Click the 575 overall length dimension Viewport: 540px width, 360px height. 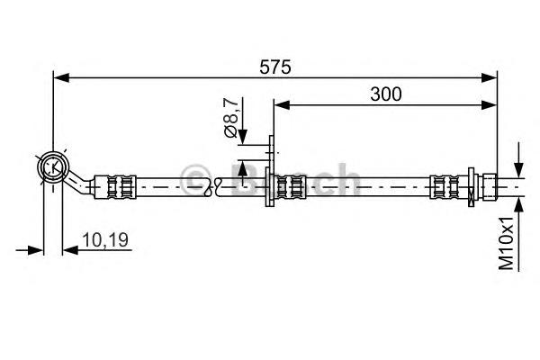(x=274, y=67)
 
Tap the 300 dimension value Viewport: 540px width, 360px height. (x=386, y=94)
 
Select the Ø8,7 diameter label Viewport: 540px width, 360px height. (x=231, y=117)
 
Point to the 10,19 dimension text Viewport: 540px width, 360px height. (x=105, y=239)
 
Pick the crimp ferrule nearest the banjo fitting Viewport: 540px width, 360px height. (x=115, y=186)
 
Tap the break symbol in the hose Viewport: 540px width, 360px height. (x=213, y=186)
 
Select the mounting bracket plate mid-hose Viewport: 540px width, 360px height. (x=270, y=170)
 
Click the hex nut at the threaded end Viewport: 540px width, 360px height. (x=490, y=186)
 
